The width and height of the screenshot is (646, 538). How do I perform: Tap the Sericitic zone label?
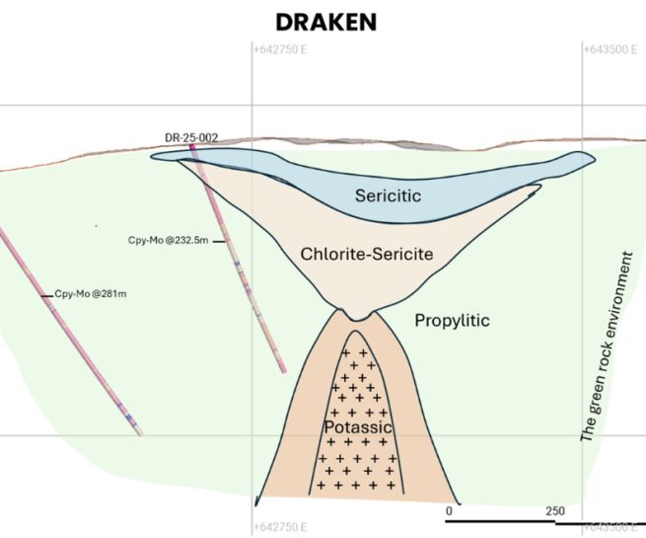[x=388, y=196]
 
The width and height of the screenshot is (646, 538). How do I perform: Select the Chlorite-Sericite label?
[x=367, y=255]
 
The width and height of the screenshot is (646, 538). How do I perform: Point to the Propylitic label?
[x=452, y=321]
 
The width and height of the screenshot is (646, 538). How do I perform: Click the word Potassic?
[x=358, y=427]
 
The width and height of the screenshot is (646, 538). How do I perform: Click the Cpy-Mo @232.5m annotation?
[x=170, y=240]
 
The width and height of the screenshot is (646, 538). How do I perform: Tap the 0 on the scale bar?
[x=449, y=511]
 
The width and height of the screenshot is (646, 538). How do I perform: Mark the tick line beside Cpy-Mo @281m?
[x=46, y=294]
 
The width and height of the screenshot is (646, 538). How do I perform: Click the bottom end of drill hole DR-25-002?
[x=284, y=370]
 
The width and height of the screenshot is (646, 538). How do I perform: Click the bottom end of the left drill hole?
[x=139, y=432]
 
